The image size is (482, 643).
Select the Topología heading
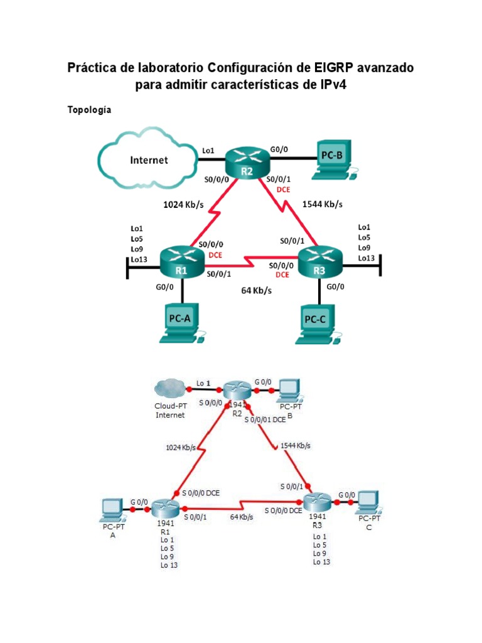pyautogui.click(x=89, y=110)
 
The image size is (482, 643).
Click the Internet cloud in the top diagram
pyautogui.click(x=148, y=160)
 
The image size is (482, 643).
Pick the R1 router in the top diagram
pyautogui.click(x=182, y=262)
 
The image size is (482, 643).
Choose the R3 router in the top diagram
pyautogui.click(x=319, y=262)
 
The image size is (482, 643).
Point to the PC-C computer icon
pyautogui.click(x=318, y=321)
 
